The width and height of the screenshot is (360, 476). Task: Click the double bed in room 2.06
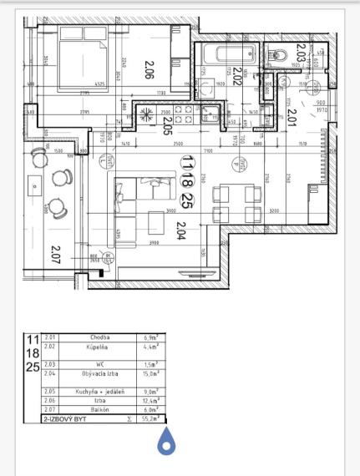pos(81,61)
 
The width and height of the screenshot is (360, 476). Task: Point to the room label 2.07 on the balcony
pos(55,253)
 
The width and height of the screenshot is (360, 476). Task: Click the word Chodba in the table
pos(100,337)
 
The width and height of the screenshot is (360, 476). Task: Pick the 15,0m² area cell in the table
pos(151,375)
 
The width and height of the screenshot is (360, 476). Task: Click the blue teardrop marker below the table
pos(166,442)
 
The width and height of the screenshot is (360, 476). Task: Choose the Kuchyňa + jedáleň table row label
pos(100,390)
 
